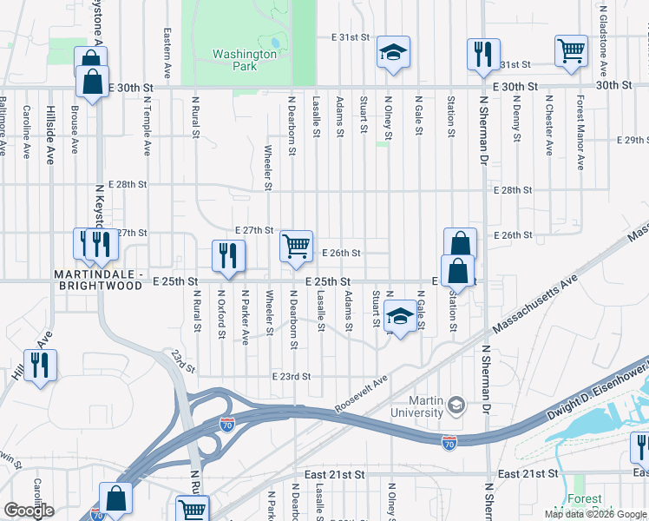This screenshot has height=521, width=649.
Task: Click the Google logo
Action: tap(29, 511)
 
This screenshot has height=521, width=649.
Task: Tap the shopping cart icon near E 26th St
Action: tap(296, 247)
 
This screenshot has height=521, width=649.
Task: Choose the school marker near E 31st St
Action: tap(393, 54)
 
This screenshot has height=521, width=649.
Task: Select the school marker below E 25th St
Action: tap(400, 317)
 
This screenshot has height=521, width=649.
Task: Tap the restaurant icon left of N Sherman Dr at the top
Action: tap(480, 55)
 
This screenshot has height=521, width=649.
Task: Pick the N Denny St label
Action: tap(515, 121)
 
